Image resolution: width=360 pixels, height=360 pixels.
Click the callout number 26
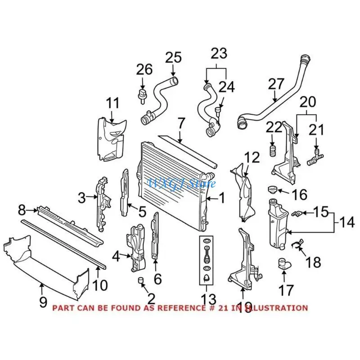coord(144,70)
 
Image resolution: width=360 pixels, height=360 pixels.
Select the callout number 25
coord(173,58)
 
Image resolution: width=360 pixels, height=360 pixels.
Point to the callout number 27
coord(277,84)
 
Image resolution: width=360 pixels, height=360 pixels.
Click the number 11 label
coord(113,103)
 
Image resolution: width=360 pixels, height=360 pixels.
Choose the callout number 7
coord(181,122)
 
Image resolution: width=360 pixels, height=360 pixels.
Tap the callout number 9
coord(43,301)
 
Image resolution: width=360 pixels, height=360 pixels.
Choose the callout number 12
coord(252,158)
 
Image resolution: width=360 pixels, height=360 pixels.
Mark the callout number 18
coord(314,262)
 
